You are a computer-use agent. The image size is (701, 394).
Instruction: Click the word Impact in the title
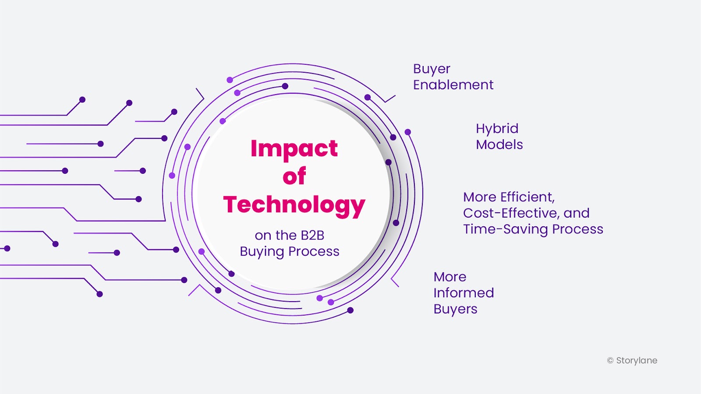click(x=294, y=149)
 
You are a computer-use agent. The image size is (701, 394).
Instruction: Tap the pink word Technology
click(x=294, y=206)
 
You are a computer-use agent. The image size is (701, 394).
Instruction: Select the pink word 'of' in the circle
click(x=294, y=176)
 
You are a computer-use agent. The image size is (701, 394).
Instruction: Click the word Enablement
click(x=453, y=85)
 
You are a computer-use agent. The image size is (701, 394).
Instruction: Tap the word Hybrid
click(x=497, y=129)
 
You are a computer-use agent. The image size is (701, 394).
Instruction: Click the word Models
click(x=499, y=145)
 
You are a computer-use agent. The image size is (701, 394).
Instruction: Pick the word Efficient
click(x=528, y=197)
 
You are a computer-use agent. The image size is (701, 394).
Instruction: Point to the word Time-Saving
click(x=506, y=229)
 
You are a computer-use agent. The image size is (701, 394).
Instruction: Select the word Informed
click(x=464, y=293)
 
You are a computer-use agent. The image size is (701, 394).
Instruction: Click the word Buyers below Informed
click(x=455, y=310)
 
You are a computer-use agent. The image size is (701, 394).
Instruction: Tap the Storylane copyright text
click(x=632, y=361)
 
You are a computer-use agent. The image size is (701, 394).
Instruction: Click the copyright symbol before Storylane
click(x=610, y=361)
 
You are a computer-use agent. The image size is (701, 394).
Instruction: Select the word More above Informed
click(x=450, y=277)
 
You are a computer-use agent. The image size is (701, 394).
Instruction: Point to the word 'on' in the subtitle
click(x=263, y=236)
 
